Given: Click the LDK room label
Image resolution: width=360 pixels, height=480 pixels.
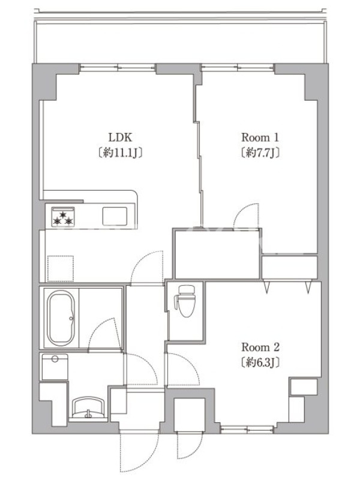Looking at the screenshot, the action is click(121, 137).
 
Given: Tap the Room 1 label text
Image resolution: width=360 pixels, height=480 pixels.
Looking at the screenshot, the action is click(260, 137).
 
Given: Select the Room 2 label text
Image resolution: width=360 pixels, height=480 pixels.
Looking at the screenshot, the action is click(260, 347).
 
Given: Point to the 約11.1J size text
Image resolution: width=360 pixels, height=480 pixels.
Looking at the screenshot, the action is click(121, 152).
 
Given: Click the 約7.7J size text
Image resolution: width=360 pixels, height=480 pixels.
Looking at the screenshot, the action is click(260, 152).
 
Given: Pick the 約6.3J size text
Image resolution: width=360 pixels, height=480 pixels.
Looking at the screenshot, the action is click(260, 362).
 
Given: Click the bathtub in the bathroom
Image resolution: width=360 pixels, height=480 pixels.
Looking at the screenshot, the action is click(62, 318).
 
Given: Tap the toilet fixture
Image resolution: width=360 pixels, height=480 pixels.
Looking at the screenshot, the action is click(185, 301).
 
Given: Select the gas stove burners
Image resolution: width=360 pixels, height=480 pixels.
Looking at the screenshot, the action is click(63, 217).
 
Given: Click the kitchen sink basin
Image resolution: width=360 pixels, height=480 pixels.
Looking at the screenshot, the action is click(115, 216).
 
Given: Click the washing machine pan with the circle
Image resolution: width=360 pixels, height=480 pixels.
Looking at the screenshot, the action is click(55, 367).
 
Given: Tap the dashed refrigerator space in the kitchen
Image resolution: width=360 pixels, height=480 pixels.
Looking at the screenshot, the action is click(61, 268).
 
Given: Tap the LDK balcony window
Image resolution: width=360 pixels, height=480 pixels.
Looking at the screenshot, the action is click(118, 68).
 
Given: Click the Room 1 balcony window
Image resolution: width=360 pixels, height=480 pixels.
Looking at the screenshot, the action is click(237, 68).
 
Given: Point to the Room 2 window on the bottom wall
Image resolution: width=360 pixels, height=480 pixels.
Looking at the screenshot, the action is click(247, 430).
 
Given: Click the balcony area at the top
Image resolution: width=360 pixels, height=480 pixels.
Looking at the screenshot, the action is click(181, 42).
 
